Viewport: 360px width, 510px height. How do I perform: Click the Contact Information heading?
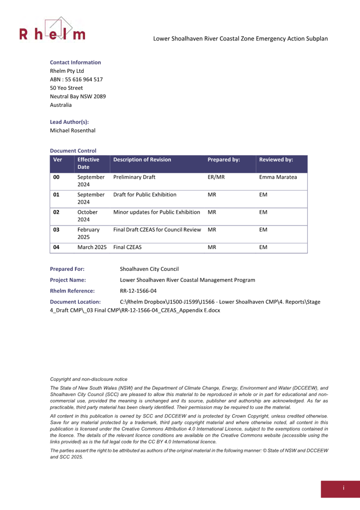(75, 62)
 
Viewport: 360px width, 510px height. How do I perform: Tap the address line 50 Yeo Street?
(66, 88)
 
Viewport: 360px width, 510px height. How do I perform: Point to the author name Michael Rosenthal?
(72, 130)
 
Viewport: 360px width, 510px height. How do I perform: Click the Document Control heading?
(73, 151)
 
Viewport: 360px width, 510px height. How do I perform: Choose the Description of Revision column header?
(142, 159)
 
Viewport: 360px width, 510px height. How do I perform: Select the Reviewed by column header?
(276, 159)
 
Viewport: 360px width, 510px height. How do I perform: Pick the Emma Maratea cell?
(278, 177)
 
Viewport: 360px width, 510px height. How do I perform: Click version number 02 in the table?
(56, 212)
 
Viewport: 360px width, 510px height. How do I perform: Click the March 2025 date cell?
(92, 248)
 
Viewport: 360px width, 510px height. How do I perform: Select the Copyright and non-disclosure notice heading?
(88, 379)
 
